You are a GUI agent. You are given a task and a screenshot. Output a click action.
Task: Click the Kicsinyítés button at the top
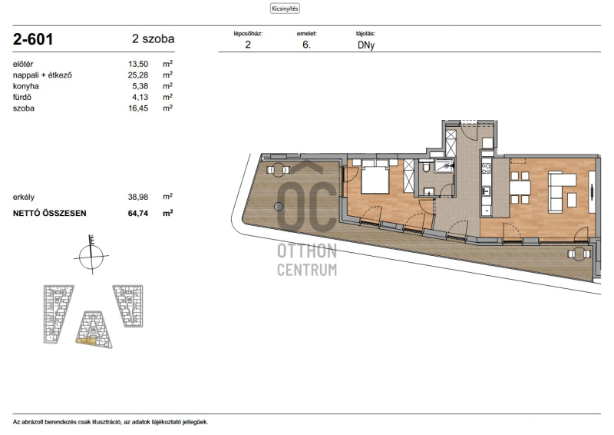285,8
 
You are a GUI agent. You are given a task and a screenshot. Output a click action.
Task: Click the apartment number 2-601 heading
33,39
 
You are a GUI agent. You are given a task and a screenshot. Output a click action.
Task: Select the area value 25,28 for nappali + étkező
138,75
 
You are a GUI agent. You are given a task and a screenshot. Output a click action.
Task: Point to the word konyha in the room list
26,86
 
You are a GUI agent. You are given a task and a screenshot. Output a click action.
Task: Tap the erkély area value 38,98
138,197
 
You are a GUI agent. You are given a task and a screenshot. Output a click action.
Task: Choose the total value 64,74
138,214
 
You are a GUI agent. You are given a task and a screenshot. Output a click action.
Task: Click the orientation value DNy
366,45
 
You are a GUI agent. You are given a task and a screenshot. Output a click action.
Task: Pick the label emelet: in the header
306,34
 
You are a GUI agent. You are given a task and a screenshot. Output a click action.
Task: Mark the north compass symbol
91,256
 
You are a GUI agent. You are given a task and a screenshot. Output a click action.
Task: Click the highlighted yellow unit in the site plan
86,342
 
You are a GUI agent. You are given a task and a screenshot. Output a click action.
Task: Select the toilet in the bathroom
427,168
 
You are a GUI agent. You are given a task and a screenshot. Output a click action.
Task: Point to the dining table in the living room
520,188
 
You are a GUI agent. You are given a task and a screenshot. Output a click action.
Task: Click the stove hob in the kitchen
486,168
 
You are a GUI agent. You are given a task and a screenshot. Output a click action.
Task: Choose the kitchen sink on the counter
486,191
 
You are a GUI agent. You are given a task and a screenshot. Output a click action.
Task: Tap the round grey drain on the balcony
279,206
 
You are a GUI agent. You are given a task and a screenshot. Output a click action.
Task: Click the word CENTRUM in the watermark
307,270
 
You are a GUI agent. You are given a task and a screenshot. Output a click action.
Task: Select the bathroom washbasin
429,192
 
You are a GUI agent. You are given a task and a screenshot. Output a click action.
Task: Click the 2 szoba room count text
153,39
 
